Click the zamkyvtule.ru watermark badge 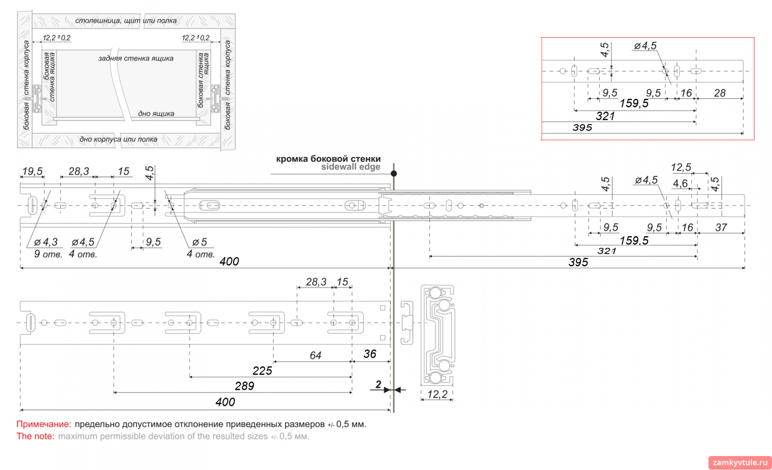(740, 462)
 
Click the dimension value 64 (315, 356)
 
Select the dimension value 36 (370, 354)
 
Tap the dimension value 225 (262, 371)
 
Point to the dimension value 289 (244, 386)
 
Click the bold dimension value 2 (378, 384)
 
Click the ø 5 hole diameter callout (200, 242)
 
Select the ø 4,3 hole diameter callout (46, 242)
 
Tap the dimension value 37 (721, 227)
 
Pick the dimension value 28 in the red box (720, 93)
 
